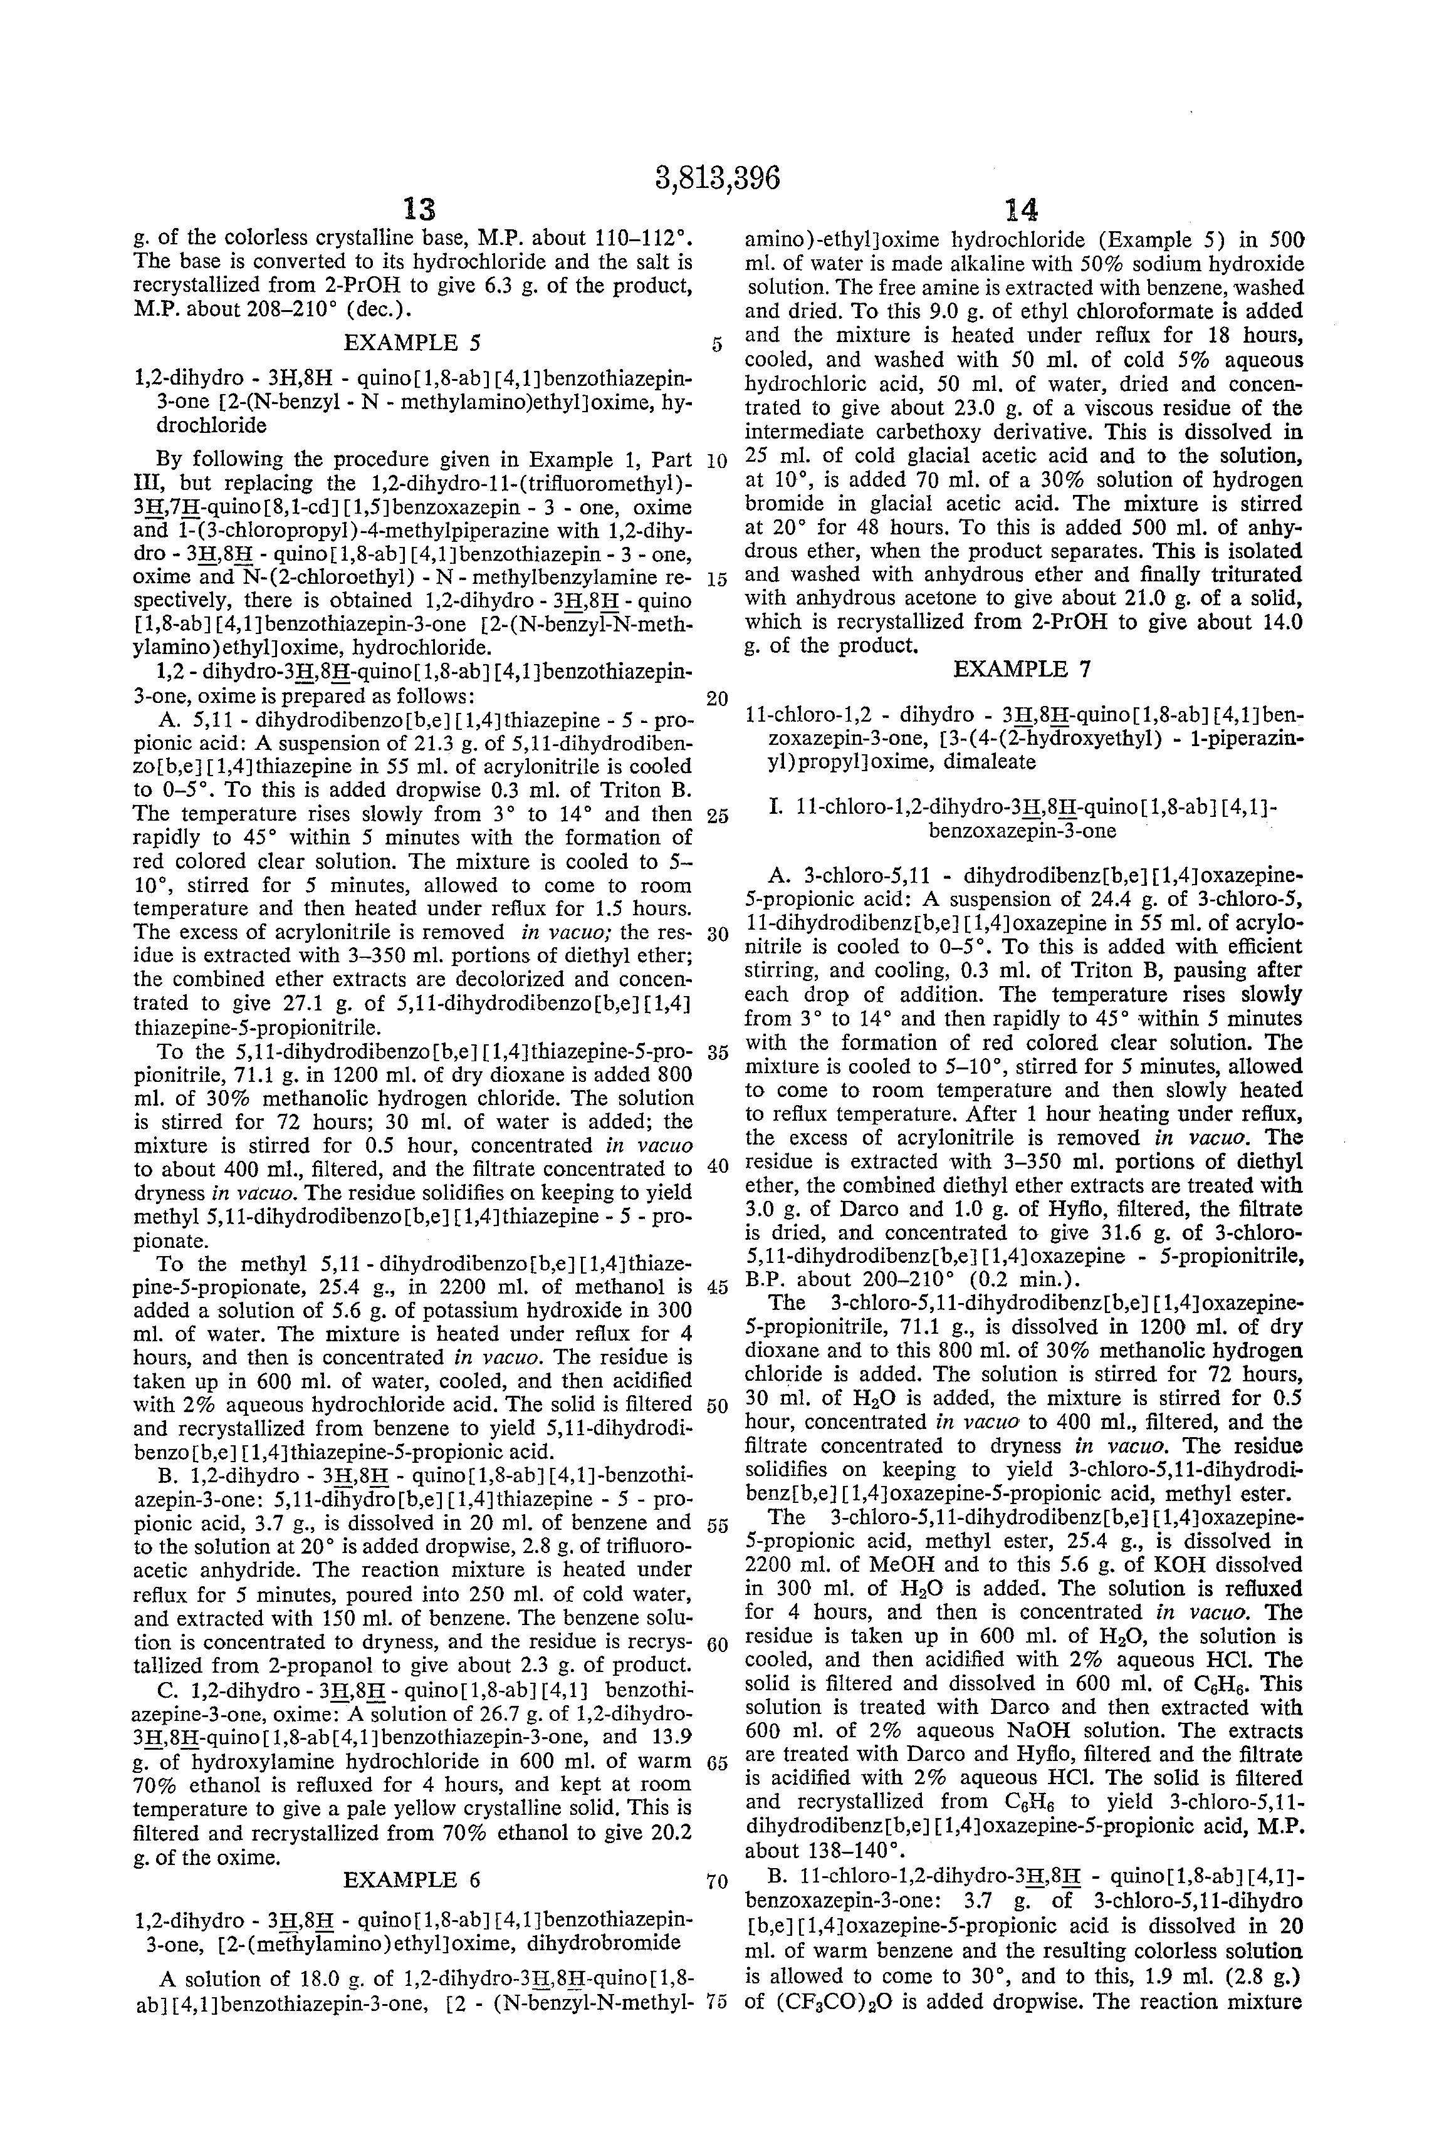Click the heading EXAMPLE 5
click(412, 343)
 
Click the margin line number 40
click(717, 1166)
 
